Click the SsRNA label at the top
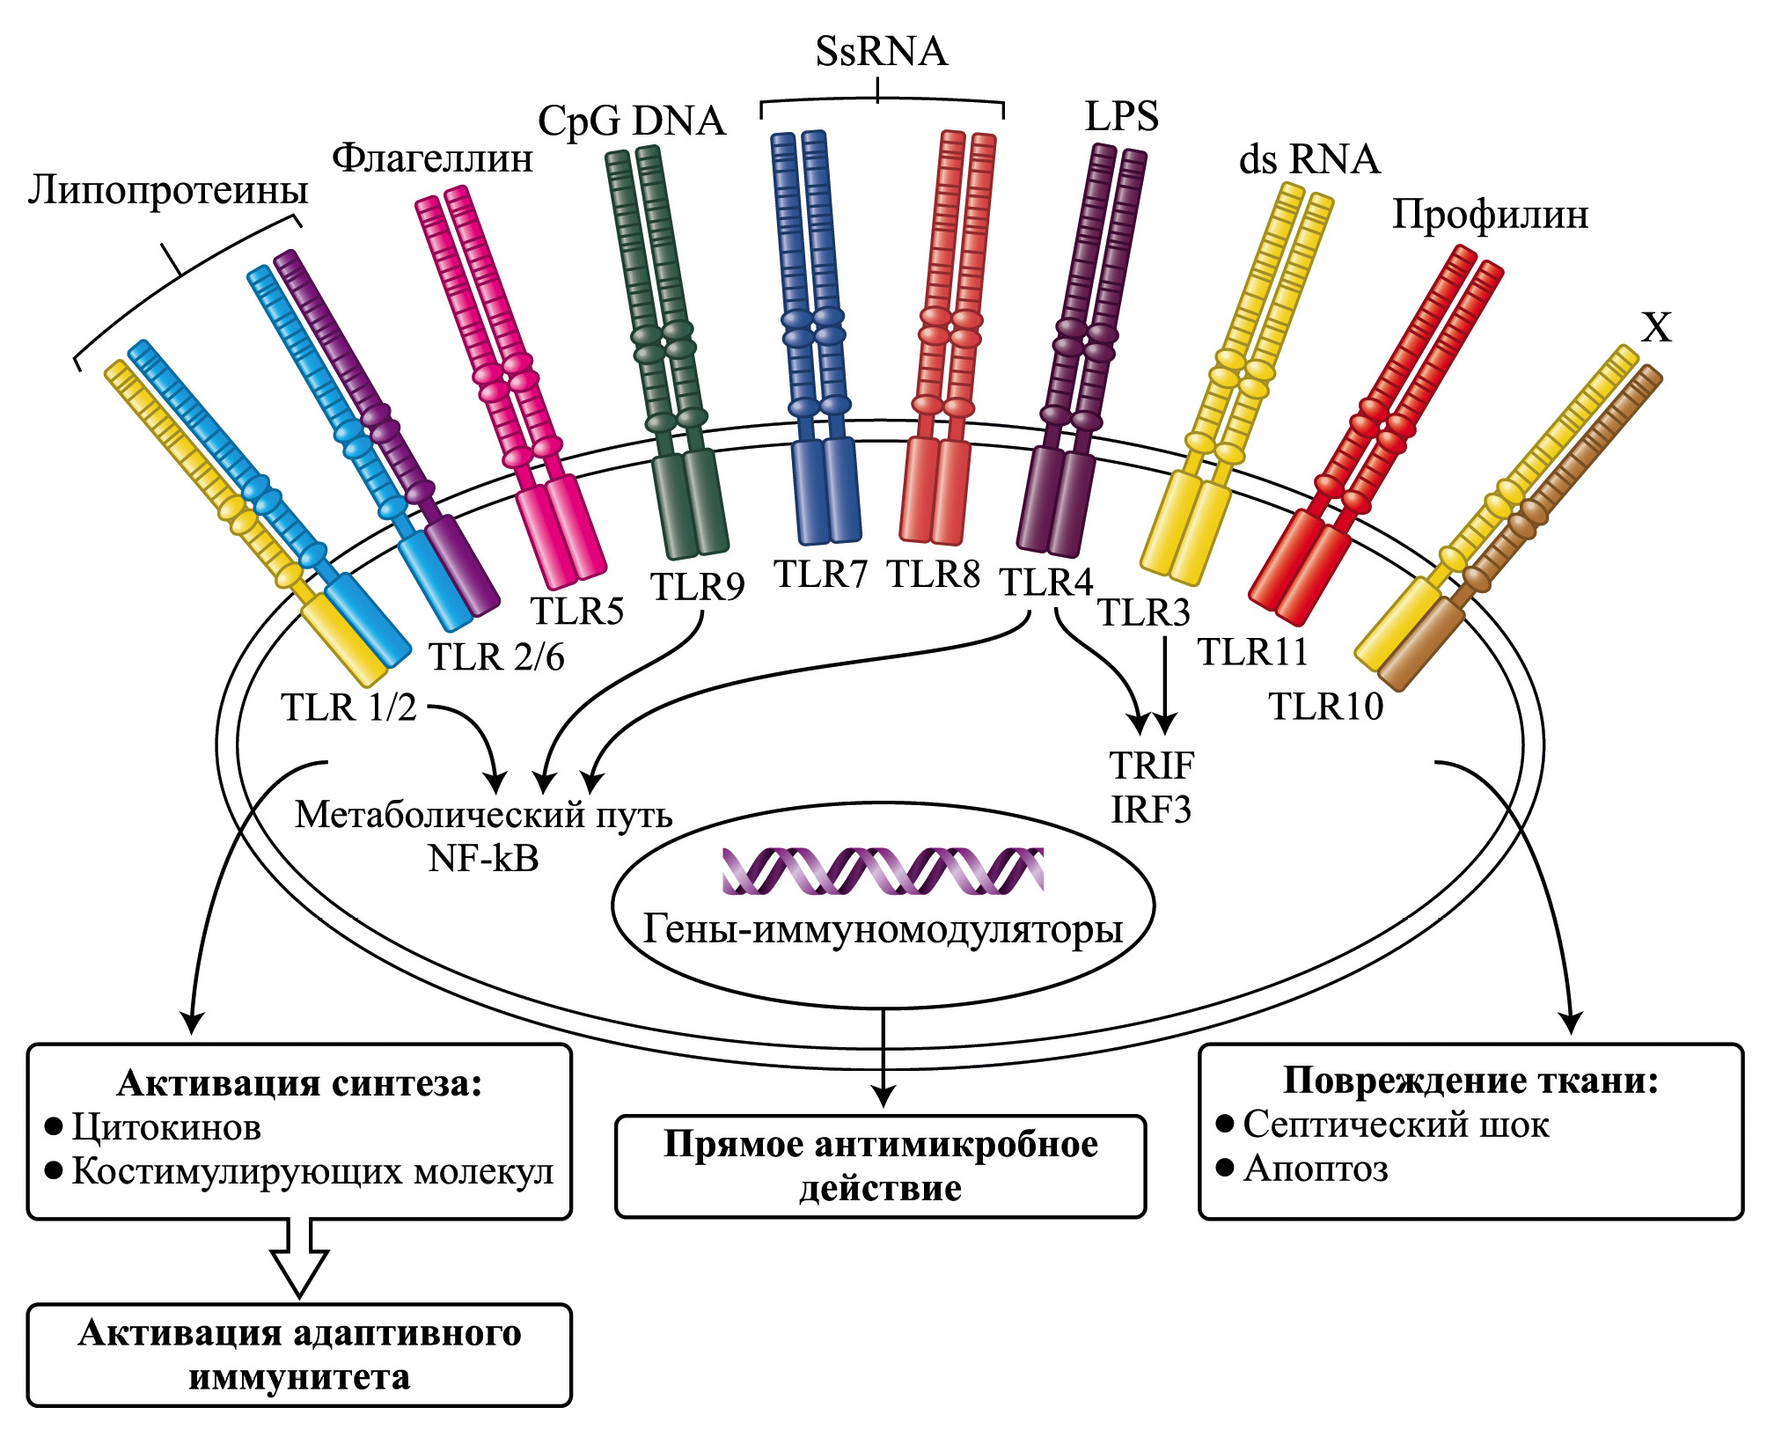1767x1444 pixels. pos(881,51)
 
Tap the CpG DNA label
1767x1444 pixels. pos(632,121)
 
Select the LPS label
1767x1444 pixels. pos(1121,117)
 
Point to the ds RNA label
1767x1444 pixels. pos(1309,160)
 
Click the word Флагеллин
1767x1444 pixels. pos(432,159)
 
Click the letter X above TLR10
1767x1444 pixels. pos(1657,328)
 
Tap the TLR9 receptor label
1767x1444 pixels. pos(697,587)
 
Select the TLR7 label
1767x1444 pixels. pos(820,575)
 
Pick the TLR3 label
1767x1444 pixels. pos(1144,612)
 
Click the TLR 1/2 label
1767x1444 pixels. pos(348,707)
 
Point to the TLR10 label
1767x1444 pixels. pos(1325,707)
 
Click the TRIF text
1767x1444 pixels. pos(1151,766)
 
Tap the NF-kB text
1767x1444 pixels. pos(483,859)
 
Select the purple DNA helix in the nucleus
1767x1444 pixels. pos(883,871)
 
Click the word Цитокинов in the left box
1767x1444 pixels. pos(166,1127)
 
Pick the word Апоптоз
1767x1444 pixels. pos(1316,1169)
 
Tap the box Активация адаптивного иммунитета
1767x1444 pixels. pos(299,1355)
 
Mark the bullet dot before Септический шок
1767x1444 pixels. pos(1224,1123)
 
